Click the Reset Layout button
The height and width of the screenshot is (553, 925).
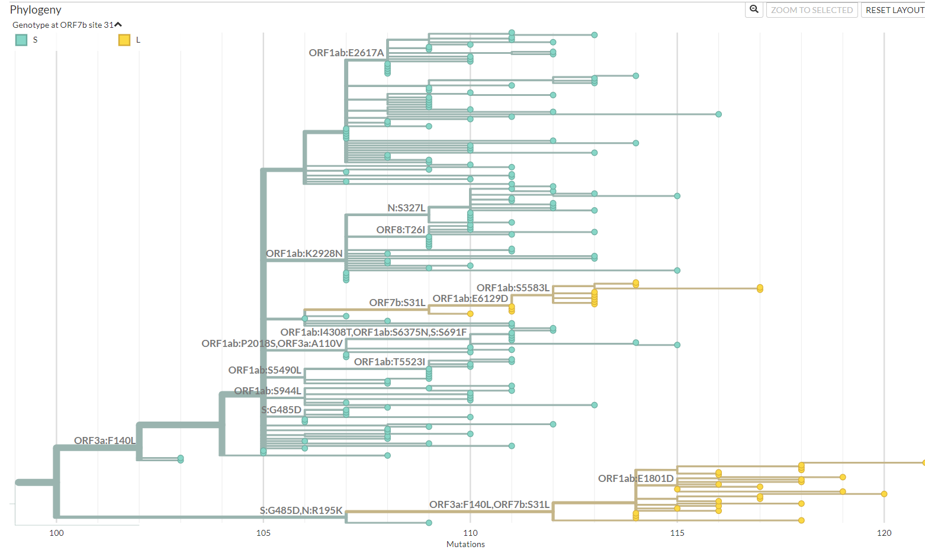[894, 10]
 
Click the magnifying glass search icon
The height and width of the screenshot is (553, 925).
[754, 9]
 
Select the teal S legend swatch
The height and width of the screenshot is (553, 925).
[21, 40]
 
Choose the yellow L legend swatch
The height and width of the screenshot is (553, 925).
[124, 40]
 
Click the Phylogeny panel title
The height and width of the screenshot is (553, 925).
[36, 9]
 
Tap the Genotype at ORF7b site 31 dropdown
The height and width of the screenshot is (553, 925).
[67, 25]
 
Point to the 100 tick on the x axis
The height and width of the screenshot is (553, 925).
[56, 533]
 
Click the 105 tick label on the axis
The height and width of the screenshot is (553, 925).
[264, 533]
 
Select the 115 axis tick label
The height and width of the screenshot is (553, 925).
[677, 533]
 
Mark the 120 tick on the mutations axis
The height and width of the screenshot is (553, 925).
[884, 533]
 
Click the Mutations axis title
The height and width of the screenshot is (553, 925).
[465, 544]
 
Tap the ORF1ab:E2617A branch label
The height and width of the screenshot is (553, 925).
[346, 53]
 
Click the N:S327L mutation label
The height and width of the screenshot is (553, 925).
[406, 208]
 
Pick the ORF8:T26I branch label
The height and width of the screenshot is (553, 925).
[400, 230]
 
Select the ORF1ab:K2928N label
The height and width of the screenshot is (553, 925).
[304, 253]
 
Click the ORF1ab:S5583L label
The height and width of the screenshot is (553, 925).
[513, 288]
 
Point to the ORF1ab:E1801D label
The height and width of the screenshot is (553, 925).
[635, 478]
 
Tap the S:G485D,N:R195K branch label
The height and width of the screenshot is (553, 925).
[301, 510]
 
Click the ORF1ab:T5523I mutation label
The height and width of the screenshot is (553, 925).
[390, 362]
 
